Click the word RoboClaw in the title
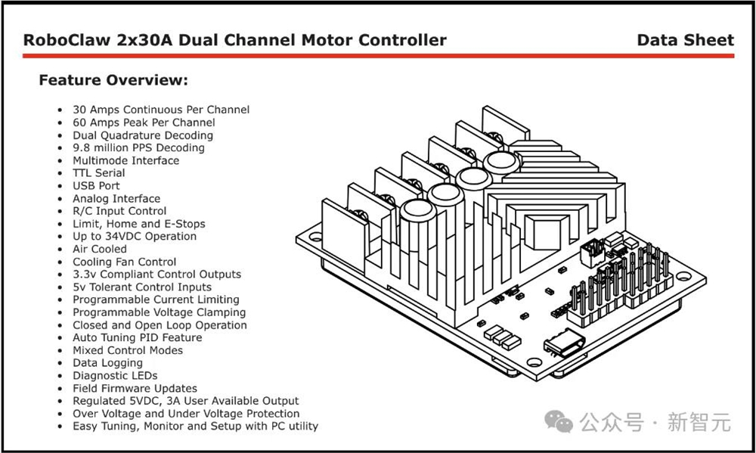pyautogui.click(x=67, y=40)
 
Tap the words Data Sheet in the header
pyautogui.click(x=685, y=40)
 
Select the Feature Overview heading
pyautogui.click(x=113, y=80)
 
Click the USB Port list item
pyautogui.click(x=96, y=186)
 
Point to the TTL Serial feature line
pyautogui.click(x=99, y=173)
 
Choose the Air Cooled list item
pyautogui.click(x=100, y=249)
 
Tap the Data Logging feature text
pyautogui.click(x=107, y=363)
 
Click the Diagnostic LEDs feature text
pyautogui.click(x=115, y=376)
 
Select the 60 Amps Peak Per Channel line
pyautogui.click(x=144, y=123)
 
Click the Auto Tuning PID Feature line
pyautogui.click(x=138, y=338)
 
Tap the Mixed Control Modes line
pyautogui.click(x=128, y=350)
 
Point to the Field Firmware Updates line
pyautogui.click(x=135, y=389)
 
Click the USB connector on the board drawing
pyautogui.click(x=564, y=343)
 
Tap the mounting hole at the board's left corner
pyautogui.click(x=316, y=237)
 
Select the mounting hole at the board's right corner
pyautogui.click(x=683, y=277)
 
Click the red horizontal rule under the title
pyautogui.click(x=379, y=56)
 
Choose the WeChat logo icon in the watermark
pyautogui.click(x=559, y=422)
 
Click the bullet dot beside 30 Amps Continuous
pyautogui.click(x=60, y=110)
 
